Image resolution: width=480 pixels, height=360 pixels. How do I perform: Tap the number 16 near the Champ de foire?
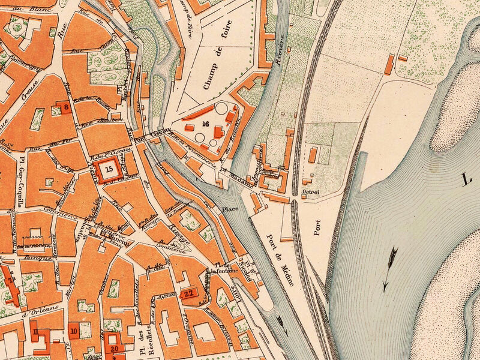(x=206, y=124)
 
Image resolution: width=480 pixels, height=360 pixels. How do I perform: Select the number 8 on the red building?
(x=67, y=107)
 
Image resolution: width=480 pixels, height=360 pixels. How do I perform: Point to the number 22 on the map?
(x=189, y=293)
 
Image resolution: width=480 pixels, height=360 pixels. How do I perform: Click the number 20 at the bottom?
(x=114, y=347)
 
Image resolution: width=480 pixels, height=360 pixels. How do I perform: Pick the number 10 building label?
(x=74, y=331)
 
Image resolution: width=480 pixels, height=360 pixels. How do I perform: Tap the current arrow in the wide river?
(x=390, y=268)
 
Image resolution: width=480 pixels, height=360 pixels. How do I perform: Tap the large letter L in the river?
(x=467, y=178)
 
